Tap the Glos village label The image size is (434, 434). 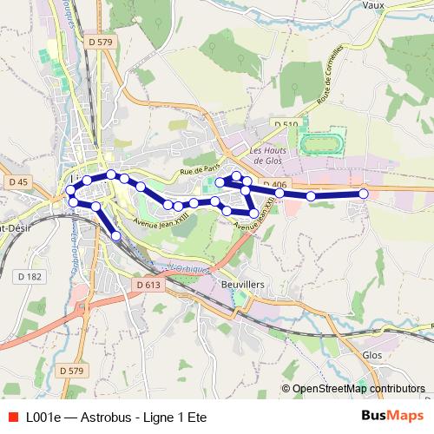pyautogui.click(x=372, y=355)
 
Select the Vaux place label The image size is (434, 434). pyautogui.click(x=375, y=4)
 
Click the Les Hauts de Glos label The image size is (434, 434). pyautogui.click(x=266, y=153)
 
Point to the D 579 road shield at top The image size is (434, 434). pyautogui.click(x=101, y=42)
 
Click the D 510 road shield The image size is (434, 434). pyautogui.click(x=286, y=125)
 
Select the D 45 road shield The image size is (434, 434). pyautogui.click(x=16, y=181)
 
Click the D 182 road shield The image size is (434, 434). pyautogui.click(x=29, y=277)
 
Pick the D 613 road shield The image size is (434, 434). pyautogui.click(x=148, y=284)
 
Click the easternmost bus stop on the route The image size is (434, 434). pyautogui.click(x=364, y=194)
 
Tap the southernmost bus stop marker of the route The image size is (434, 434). pyautogui.click(x=116, y=235)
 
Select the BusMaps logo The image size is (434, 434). pyautogui.click(x=392, y=416)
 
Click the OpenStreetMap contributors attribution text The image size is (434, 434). pyautogui.click(x=353, y=389)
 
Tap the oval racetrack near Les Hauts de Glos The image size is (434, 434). pyautogui.click(x=323, y=141)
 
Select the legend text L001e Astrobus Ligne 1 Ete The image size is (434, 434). pyautogui.click(x=116, y=417)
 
